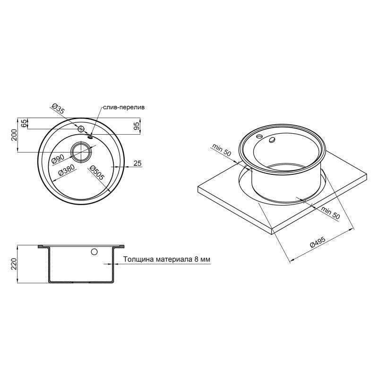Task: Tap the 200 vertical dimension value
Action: (14, 135)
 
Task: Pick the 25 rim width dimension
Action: (137, 163)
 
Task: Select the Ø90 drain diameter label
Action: (57, 160)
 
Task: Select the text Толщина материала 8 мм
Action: (166, 259)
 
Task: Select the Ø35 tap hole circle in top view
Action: (81, 129)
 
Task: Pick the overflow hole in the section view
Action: (94, 252)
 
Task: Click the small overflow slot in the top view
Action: (90, 137)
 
